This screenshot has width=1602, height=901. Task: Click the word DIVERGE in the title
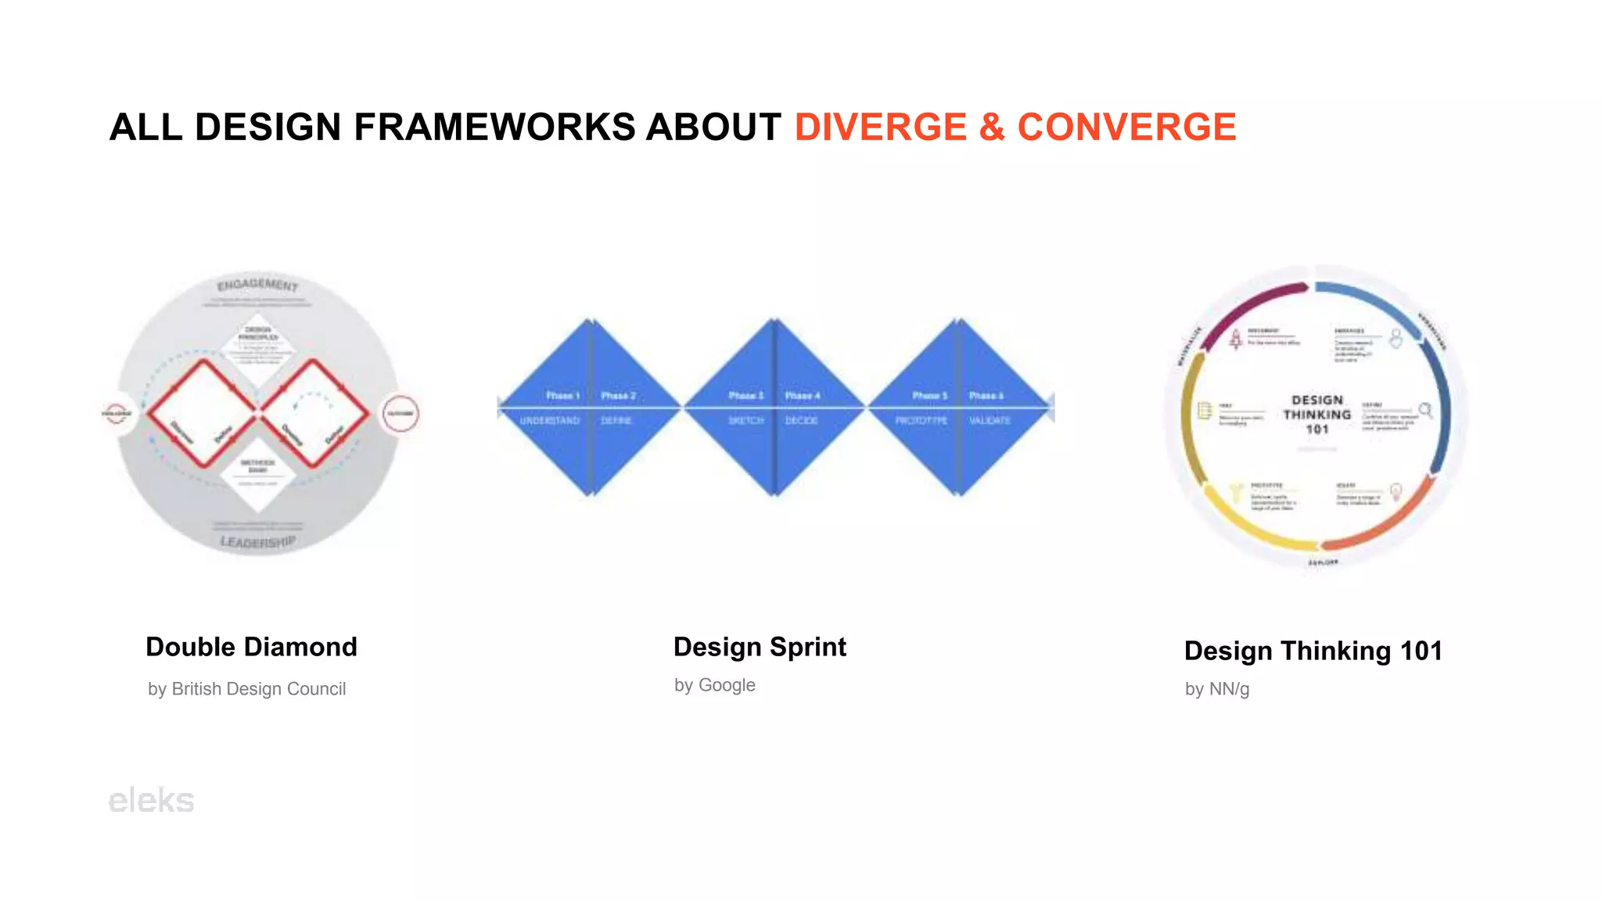[x=881, y=127]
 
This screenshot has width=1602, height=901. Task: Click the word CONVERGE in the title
[x=1126, y=127]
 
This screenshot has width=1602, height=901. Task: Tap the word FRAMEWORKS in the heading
[x=494, y=127]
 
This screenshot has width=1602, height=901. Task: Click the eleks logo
[x=151, y=800]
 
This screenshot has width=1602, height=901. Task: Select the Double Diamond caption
[x=251, y=647]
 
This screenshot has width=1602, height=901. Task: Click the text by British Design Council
[x=246, y=689]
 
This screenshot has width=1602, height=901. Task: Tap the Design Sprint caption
[x=760, y=647]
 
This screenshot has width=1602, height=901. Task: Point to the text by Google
[x=714, y=685]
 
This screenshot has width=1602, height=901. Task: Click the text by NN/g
[x=1216, y=689]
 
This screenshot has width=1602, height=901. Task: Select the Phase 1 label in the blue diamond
[x=562, y=396]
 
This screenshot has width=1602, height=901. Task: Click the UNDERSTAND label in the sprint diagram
[x=550, y=421]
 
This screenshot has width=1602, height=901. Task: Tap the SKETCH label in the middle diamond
[x=745, y=421]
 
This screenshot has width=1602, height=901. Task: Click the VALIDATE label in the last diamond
[x=990, y=421]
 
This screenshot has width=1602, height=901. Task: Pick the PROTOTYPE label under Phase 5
[x=921, y=421]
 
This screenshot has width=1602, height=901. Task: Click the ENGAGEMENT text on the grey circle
[x=257, y=285]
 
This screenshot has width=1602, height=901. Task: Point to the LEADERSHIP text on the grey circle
[x=257, y=541]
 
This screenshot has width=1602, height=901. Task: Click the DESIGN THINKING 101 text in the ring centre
[x=1316, y=415]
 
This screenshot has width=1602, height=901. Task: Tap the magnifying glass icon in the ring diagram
[x=1425, y=410]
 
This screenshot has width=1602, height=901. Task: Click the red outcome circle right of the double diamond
[x=400, y=413]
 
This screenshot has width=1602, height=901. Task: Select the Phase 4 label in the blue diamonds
[x=803, y=396]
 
